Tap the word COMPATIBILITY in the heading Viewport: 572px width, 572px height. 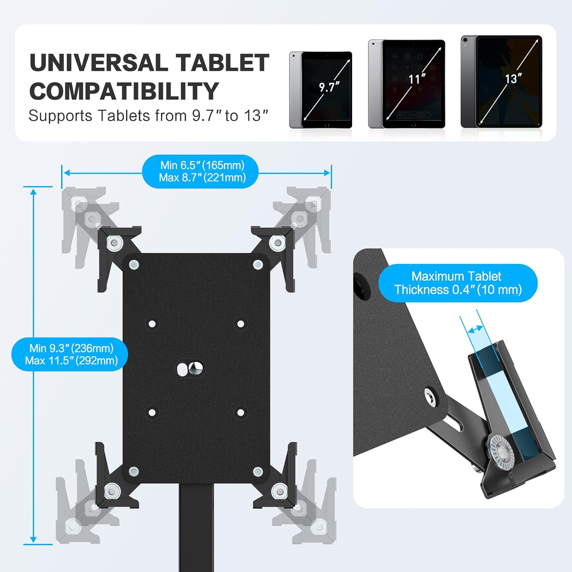tap(124, 92)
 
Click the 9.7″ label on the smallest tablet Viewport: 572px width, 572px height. tap(329, 87)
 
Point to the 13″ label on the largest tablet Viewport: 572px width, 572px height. tap(513, 79)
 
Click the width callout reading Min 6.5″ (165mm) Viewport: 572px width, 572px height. tap(202, 165)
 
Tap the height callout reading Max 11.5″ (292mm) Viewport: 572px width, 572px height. tap(71, 360)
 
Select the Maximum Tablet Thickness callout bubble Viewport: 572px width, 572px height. tap(458, 283)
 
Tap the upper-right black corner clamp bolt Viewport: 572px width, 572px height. tap(278, 242)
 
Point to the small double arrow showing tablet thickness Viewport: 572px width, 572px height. tap(476, 329)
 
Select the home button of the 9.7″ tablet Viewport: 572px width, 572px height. tap(327, 125)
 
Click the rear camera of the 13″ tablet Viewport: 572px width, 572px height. tap(465, 40)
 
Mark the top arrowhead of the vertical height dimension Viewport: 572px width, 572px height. tap(34, 191)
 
